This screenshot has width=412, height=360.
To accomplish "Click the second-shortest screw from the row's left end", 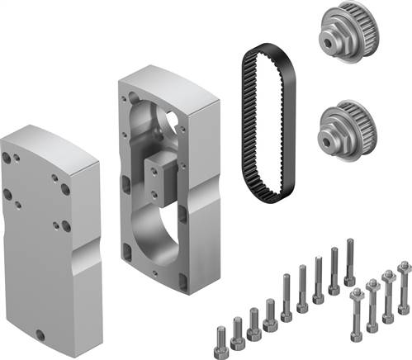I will [238, 331].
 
